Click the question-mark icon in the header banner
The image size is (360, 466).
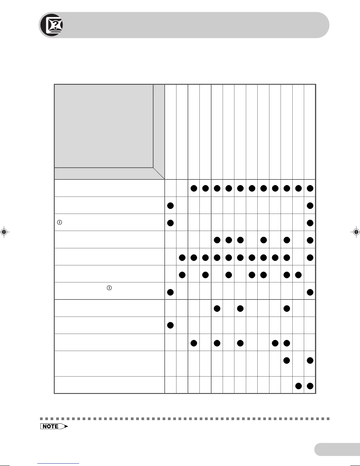(x=54, y=25)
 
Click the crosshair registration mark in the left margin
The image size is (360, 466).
(x=4, y=232)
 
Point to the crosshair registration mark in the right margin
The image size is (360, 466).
(x=356, y=232)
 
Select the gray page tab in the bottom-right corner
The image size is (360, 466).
(x=337, y=449)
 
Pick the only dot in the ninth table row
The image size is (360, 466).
(x=170, y=325)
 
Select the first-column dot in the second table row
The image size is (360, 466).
(x=170, y=206)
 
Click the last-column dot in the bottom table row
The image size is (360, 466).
(x=310, y=386)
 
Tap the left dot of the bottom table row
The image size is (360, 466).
(x=298, y=386)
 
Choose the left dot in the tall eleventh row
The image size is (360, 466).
(x=287, y=360)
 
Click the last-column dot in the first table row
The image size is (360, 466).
(x=310, y=188)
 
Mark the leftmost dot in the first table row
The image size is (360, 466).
(x=194, y=188)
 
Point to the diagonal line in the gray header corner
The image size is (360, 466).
(x=159, y=174)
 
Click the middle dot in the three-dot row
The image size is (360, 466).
(x=240, y=308)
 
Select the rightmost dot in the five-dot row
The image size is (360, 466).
(x=287, y=343)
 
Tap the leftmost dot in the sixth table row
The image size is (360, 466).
(x=182, y=275)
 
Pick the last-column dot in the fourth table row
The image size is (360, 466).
(x=310, y=240)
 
